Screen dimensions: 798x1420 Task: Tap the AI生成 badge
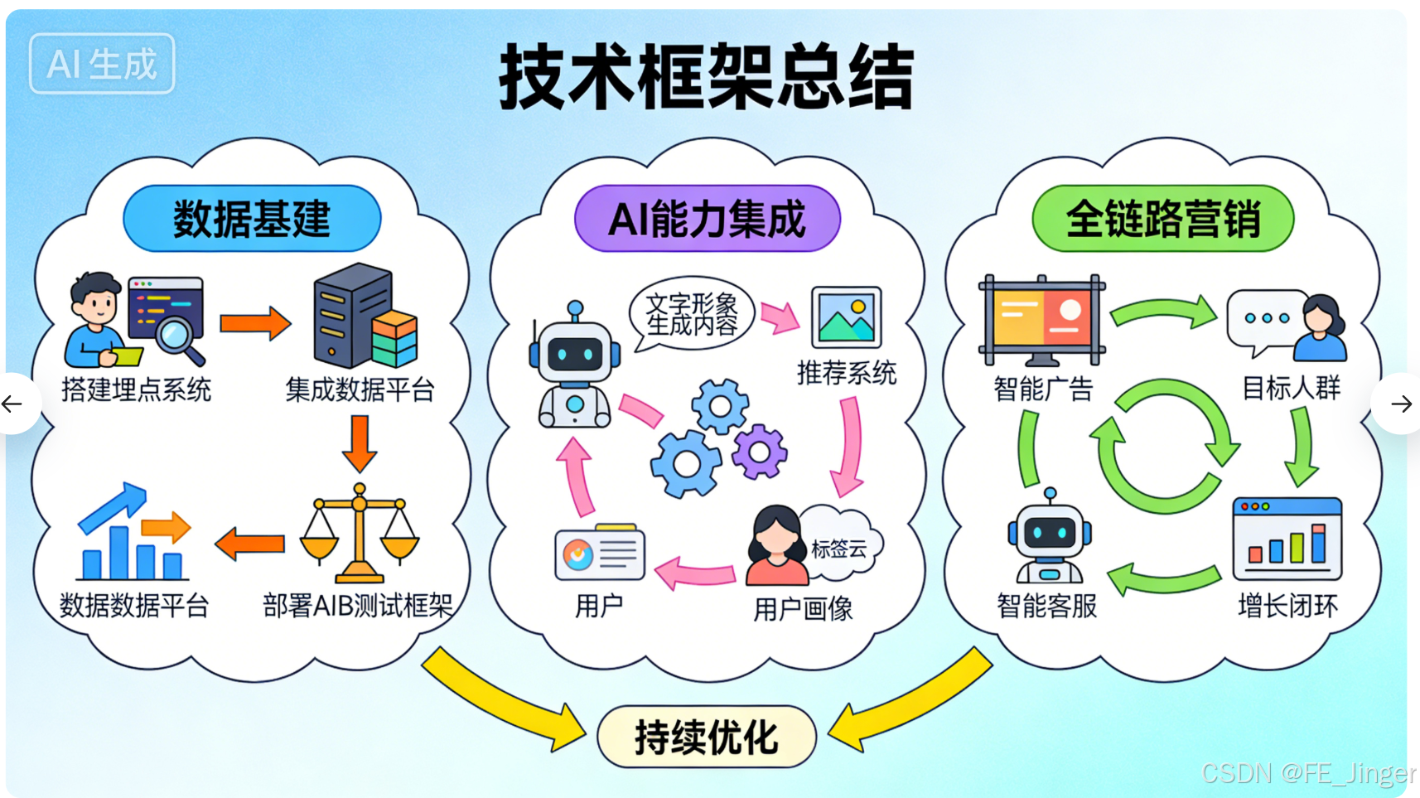pos(102,64)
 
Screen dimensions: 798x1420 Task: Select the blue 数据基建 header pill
pos(252,219)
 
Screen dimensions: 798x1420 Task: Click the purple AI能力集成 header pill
pos(707,219)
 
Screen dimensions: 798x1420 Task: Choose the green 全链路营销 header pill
pos(1162,219)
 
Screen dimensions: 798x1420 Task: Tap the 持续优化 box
pos(706,737)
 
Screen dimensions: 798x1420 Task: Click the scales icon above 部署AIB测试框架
pos(359,534)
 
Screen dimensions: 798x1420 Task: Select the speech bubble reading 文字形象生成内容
pos(691,314)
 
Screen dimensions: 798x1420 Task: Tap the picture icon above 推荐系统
pos(846,318)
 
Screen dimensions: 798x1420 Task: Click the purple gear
pos(759,452)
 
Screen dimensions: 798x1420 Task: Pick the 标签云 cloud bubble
pos(839,547)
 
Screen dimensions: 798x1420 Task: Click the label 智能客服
pos(1046,606)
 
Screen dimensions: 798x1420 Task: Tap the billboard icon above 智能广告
pos(1041,320)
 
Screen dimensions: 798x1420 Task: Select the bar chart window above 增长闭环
pos(1287,539)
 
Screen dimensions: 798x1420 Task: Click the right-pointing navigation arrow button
pos(1401,404)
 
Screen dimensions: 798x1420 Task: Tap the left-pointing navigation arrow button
pos(13,404)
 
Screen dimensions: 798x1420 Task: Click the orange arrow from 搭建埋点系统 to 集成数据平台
pos(255,323)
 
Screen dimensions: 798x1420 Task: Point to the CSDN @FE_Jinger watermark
pos(1307,773)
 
